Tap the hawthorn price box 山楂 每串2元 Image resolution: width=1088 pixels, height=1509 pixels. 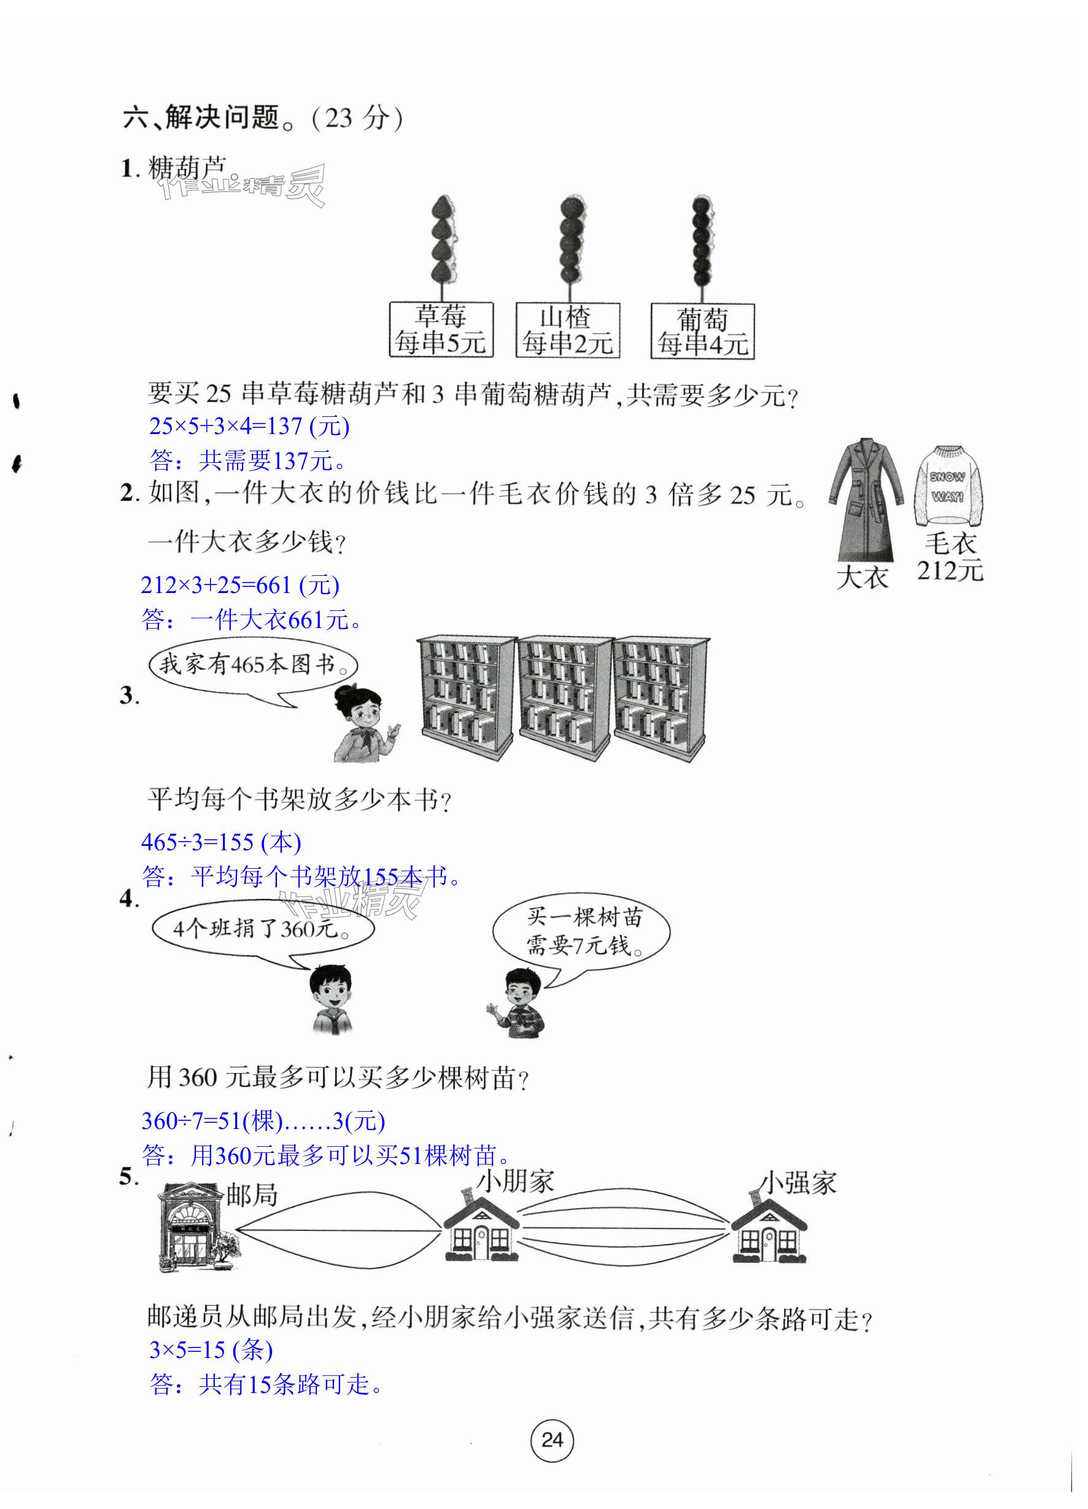(567, 330)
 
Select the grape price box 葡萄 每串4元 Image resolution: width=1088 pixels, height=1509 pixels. (702, 332)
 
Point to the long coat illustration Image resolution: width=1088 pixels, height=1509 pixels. (865, 499)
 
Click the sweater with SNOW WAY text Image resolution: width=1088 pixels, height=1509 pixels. (947, 485)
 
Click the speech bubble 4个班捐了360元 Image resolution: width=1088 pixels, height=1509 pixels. (262, 929)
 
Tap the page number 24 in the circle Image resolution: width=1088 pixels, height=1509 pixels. (551, 1440)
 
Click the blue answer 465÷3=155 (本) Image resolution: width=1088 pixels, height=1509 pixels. (221, 842)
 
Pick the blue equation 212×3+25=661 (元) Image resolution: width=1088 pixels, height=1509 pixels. (239, 586)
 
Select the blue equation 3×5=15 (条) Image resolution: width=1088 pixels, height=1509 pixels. (211, 1349)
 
